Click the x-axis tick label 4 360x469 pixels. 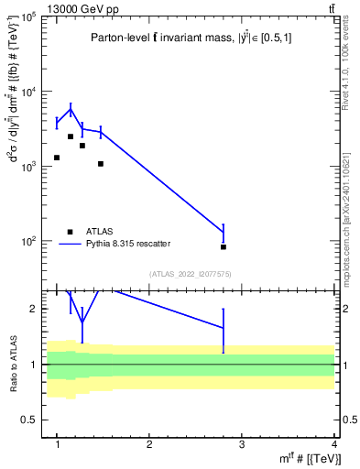333,443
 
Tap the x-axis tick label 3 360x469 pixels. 241,443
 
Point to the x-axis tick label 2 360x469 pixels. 149,443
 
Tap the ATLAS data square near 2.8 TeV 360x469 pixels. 224,246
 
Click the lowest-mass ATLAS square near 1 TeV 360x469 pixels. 57,158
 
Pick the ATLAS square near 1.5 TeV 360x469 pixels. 101,164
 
